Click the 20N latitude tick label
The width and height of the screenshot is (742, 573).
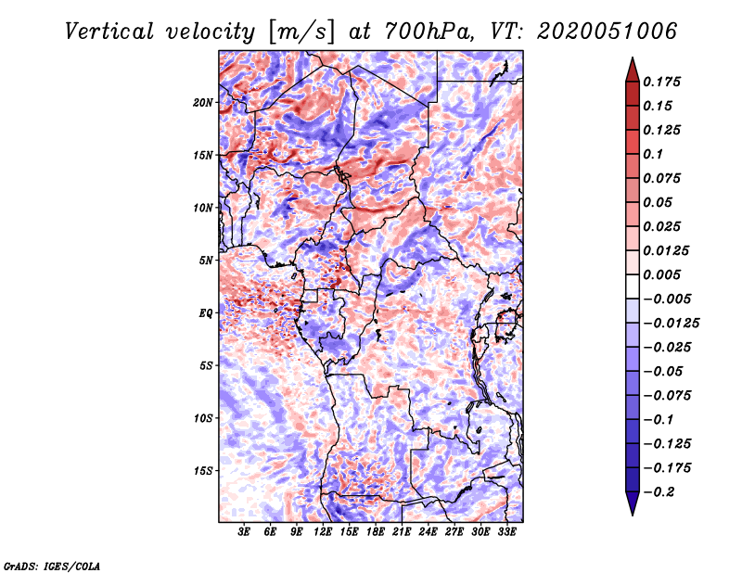pyautogui.click(x=203, y=103)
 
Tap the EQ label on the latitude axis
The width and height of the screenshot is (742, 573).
pyautogui.click(x=206, y=313)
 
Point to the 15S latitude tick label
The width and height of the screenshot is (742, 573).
pyautogui.click(x=203, y=471)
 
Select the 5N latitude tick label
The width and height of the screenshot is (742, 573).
pyautogui.click(x=206, y=261)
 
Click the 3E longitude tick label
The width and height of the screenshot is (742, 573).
pyautogui.click(x=244, y=531)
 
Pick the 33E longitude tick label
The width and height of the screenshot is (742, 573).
pyautogui.click(x=506, y=531)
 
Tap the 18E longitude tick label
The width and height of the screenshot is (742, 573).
pyautogui.click(x=376, y=531)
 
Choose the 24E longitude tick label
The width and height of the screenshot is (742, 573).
pyautogui.click(x=428, y=531)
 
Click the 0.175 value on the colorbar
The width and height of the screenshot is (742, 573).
pyautogui.click(x=661, y=82)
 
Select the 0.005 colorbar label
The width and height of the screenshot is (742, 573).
pyautogui.click(x=661, y=274)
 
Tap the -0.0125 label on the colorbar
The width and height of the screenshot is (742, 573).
pyautogui.click(x=671, y=324)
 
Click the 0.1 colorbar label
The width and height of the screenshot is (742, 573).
pyautogui.click(x=653, y=154)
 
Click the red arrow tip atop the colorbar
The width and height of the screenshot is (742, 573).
pyautogui.click(x=633, y=57)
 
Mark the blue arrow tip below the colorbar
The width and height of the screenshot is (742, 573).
pyautogui.click(x=633, y=515)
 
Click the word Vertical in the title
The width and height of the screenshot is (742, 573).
pyautogui.click(x=109, y=32)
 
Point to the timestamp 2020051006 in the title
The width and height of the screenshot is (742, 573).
pyautogui.click(x=608, y=32)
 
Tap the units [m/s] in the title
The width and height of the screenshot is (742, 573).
pyautogui.click(x=301, y=32)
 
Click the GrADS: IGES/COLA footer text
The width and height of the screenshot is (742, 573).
pyautogui.click(x=52, y=567)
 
